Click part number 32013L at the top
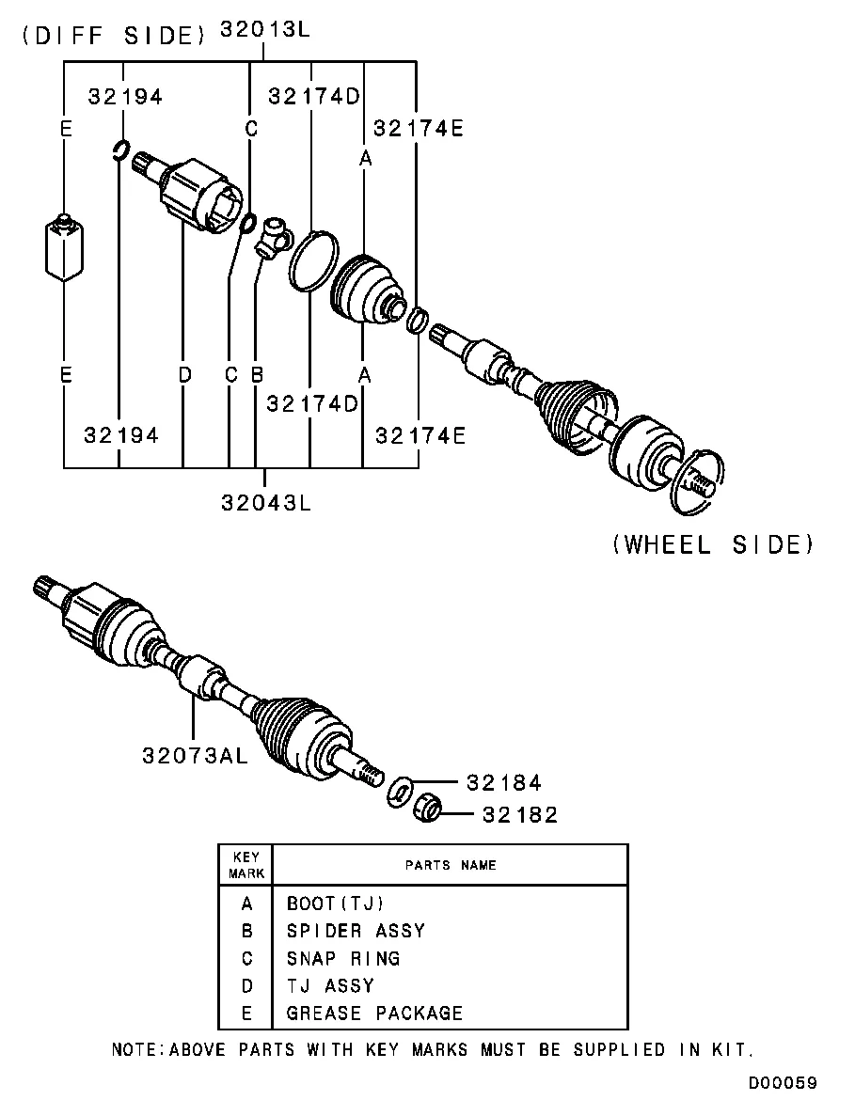point(264,29)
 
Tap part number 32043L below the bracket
point(266,502)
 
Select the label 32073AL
point(196,755)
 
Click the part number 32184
point(505,782)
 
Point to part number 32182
point(520,815)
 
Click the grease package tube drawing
point(64,247)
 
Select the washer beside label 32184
point(399,793)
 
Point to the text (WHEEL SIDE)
point(713,544)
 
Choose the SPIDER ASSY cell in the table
point(356,931)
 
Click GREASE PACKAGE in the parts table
point(374,1014)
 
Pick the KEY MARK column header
point(246,865)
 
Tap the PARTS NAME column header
point(451,865)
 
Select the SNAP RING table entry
point(343,958)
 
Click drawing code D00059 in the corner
point(783,1083)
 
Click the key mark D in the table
point(247,986)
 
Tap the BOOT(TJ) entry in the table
point(336,904)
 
